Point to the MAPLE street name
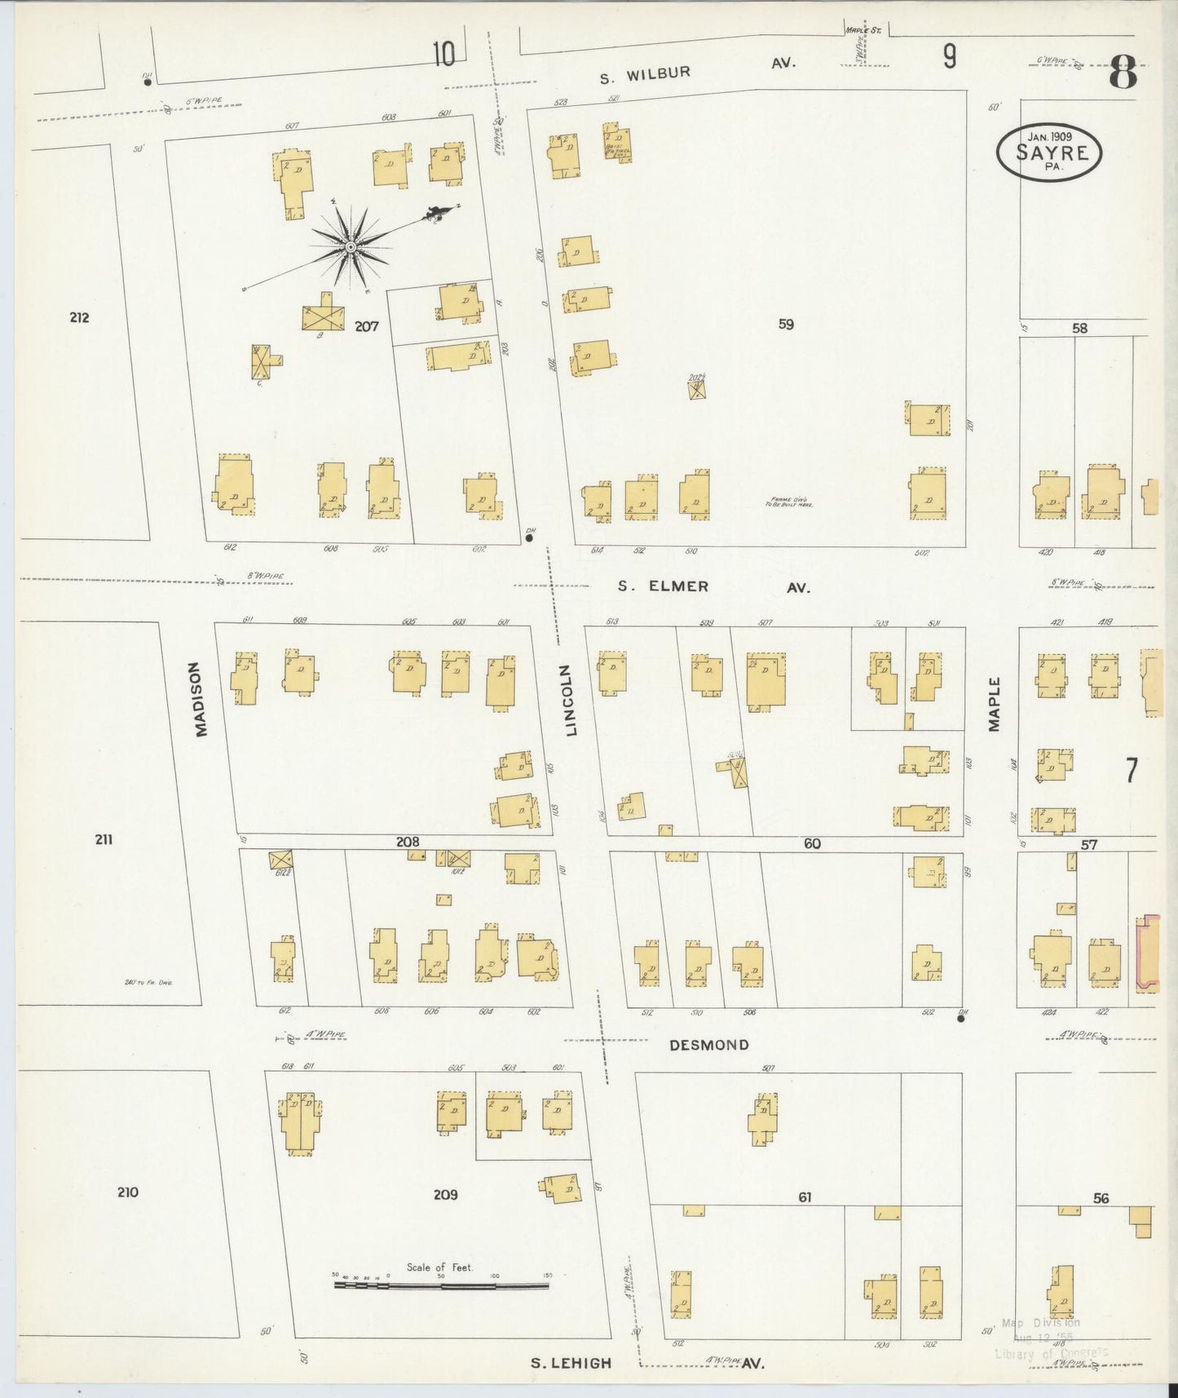pos(994,704)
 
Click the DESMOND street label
pos(708,1045)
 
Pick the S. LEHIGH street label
pos(571,1362)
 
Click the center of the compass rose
pos(351,246)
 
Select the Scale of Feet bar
pos(441,1285)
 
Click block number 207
pos(367,326)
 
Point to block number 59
pos(785,324)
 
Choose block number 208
pos(408,842)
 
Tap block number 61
pos(805,1197)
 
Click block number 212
pos(79,317)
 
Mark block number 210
pos(127,1192)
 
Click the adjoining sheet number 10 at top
pos(444,55)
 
